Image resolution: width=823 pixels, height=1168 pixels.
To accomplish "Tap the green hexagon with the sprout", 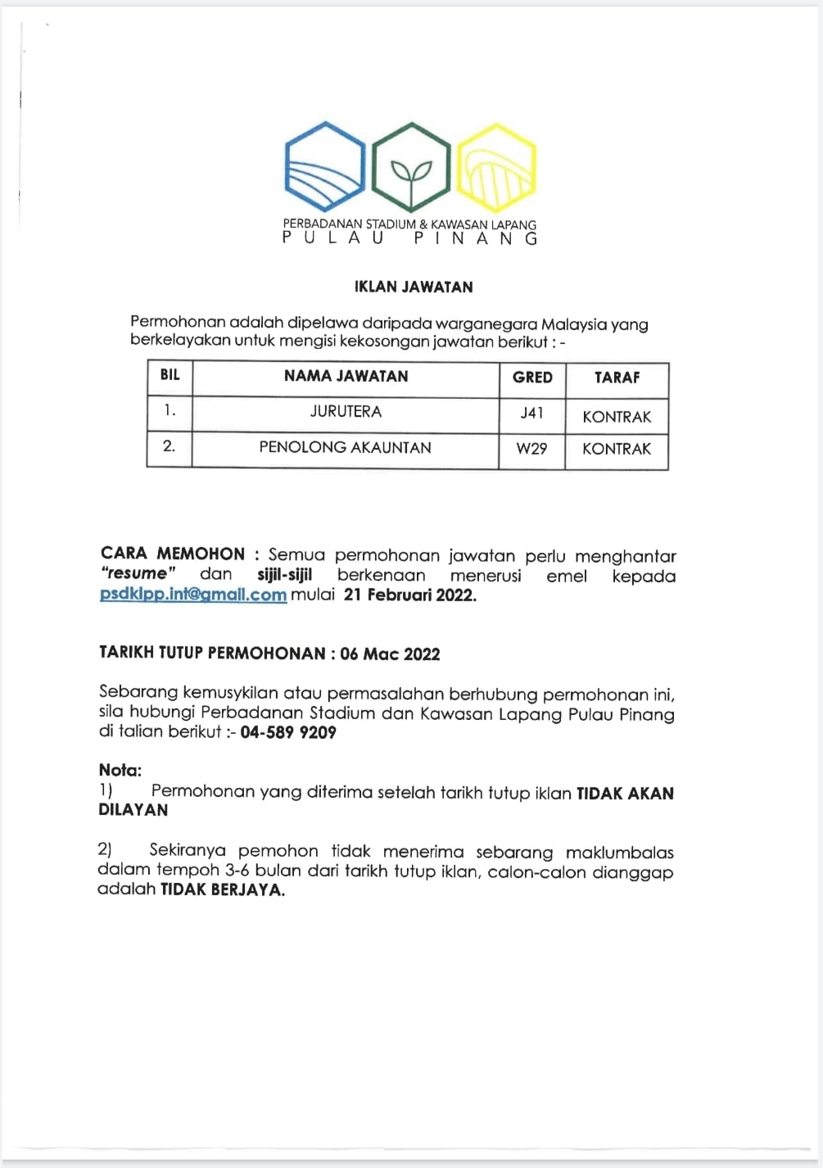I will coord(411,167).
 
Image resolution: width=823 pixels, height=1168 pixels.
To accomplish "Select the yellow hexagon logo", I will coord(496,167).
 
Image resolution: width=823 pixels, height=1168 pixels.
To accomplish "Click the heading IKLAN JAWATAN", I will coord(414,287).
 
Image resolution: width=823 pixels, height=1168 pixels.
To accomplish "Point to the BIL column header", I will coord(170,375).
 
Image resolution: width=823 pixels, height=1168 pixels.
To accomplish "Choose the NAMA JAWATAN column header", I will coord(346,376).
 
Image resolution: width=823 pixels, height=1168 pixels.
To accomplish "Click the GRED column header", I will coord(532,378).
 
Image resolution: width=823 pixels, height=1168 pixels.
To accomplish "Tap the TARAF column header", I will coord(617,378).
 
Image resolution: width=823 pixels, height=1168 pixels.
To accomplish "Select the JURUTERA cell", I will coord(346,411).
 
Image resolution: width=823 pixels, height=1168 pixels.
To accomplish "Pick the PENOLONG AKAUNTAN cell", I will coord(345,447).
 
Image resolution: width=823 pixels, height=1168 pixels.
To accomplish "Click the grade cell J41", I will coord(532,413).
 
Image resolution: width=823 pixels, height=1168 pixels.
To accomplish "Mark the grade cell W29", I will coord(532,449).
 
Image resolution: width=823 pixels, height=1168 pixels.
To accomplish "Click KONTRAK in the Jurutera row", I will coord(617,417).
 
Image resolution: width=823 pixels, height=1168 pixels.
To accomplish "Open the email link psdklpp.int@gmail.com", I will coord(193,595).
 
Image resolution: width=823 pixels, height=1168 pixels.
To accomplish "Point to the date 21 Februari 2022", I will coord(409,595).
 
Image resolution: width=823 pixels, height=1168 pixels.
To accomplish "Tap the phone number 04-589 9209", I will coord(288,732).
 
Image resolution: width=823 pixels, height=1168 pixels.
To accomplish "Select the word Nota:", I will coord(120,770).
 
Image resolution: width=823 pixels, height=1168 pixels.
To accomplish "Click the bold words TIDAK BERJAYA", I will coord(223,890).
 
